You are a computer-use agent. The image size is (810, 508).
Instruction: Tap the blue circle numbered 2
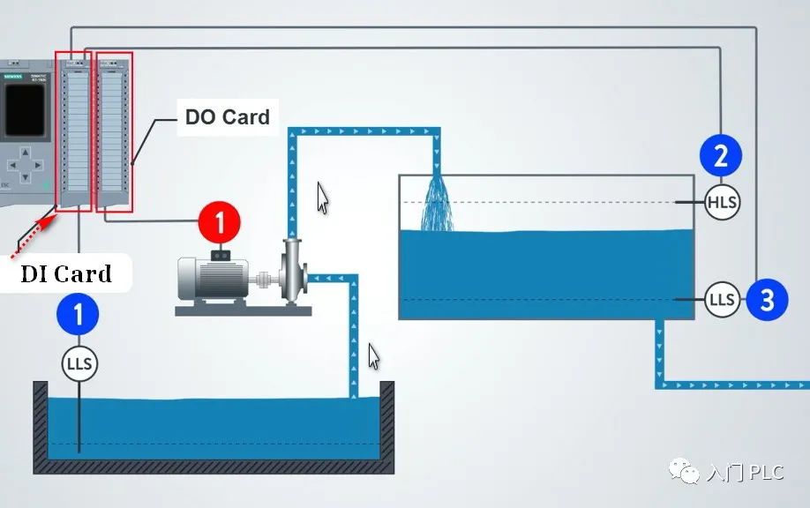pos(721,156)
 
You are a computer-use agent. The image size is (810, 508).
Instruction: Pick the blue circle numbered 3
pos(766,300)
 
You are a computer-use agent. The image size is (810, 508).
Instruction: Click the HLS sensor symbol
pos(722,203)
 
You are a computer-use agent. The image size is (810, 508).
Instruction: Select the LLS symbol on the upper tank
pos(722,300)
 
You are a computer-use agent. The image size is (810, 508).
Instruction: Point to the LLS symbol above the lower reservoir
pos(79,363)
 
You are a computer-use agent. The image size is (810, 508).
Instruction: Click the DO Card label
pos(227,116)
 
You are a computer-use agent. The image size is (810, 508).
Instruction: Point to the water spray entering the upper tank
pos(436,205)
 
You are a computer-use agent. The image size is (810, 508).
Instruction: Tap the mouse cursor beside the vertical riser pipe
pos(323,198)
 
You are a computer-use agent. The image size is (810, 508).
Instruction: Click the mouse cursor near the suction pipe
pos(374,357)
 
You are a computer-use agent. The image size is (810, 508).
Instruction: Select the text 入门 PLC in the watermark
pos(746,473)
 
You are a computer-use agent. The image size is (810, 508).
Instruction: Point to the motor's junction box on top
pos(219,255)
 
